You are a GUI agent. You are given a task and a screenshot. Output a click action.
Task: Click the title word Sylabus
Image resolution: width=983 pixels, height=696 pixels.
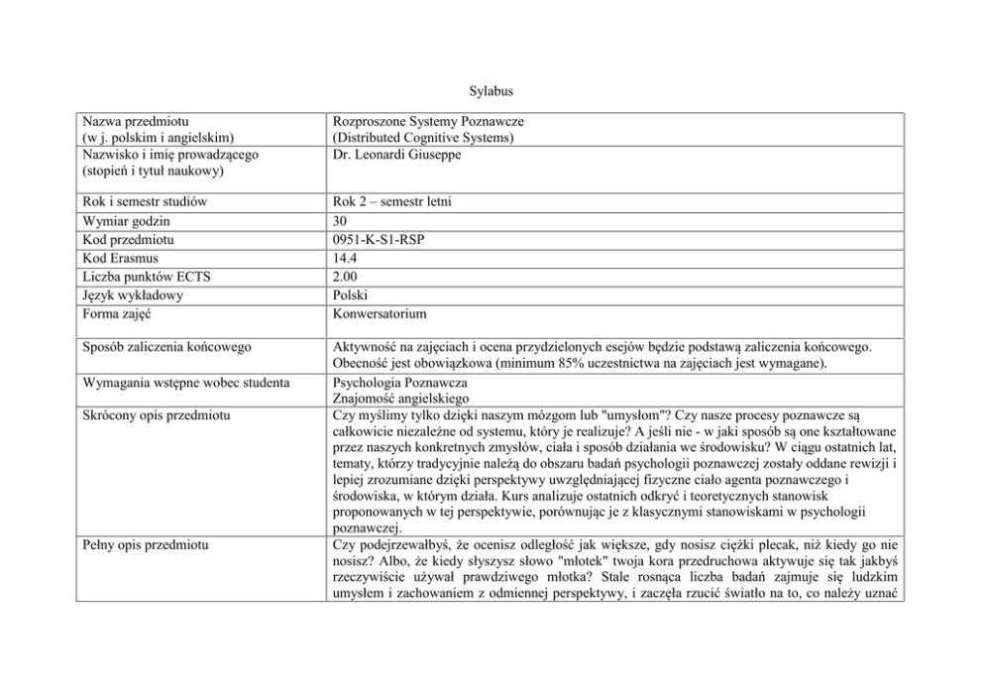coord(491,91)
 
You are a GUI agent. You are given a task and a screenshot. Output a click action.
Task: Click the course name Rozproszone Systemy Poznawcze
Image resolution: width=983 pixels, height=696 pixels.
coord(428,121)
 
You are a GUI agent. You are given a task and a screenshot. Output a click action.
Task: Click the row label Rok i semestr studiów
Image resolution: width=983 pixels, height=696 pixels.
coord(145,202)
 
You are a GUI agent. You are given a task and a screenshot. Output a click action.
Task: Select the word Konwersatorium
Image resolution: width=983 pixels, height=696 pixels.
coord(381,313)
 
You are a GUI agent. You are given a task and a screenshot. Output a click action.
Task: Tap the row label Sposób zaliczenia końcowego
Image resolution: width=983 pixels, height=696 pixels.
coord(166,346)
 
